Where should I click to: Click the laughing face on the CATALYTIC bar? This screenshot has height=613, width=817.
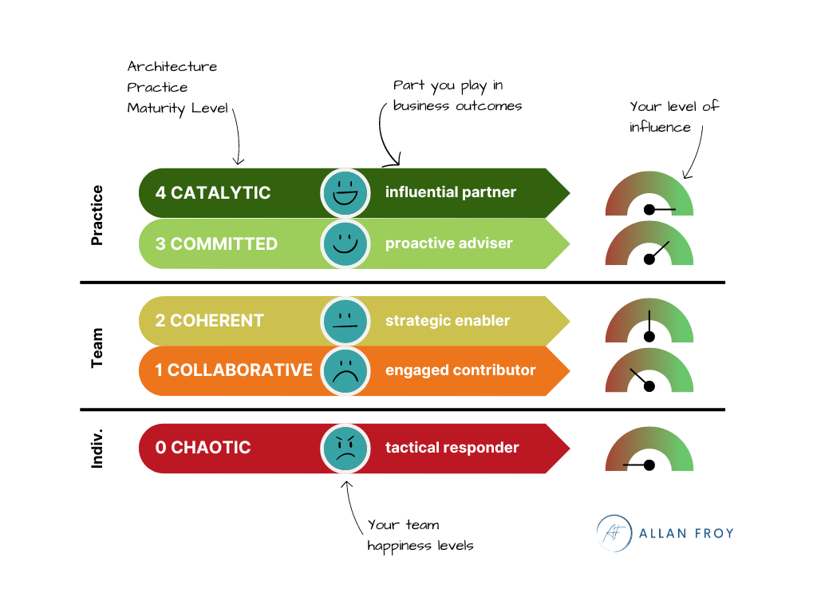click(x=345, y=193)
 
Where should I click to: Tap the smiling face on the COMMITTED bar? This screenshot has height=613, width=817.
click(x=345, y=243)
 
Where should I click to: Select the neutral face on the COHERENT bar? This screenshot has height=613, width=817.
click(x=345, y=321)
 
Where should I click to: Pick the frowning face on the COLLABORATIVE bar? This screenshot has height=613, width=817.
click(x=345, y=370)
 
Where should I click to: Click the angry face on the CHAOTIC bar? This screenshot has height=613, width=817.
click(x=345, y=448)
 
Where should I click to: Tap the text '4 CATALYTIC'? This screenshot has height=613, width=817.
click(x=213, y=193)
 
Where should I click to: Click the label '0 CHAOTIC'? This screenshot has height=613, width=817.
click(x=203, y=448)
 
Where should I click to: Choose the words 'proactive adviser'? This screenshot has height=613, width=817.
click(x=448, y=243)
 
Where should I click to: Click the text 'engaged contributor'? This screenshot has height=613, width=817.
click(x=460, y=370)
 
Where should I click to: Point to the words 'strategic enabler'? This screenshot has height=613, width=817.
click(x=448, y=321)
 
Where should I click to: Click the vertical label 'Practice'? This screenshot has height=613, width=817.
click(x=97, y=216)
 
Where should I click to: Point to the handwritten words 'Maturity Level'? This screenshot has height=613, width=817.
click(x=178, y=108)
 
